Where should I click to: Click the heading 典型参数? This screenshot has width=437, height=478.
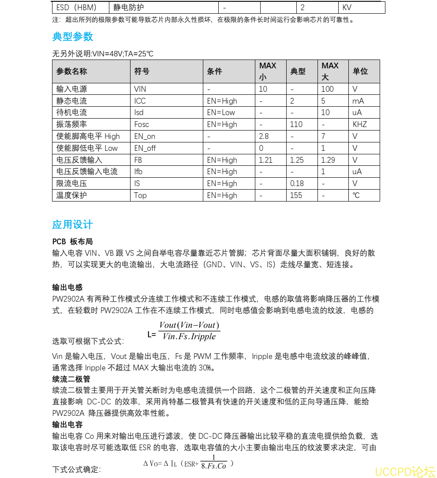pos(73,37)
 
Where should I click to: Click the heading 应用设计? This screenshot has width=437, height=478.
pos(73,224)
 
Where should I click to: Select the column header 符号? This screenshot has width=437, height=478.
pos(142,71)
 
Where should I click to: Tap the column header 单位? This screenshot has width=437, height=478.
pos(360,71)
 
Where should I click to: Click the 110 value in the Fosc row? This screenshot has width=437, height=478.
pos(296,124)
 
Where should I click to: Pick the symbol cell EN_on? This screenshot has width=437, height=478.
pos(145,136)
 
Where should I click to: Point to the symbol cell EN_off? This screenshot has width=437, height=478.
pos(145,148)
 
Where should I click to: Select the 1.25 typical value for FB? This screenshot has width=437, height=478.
pos(297,160)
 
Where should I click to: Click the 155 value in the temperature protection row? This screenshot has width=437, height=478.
pos(296,195)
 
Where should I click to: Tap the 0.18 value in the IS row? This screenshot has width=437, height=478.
pos(297,183)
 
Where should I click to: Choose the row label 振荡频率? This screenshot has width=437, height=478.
pos(71,124)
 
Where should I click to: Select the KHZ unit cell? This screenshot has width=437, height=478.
pos(360,124)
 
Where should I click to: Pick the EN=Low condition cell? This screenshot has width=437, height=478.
pos(221,112)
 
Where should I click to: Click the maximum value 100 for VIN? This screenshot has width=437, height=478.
pos(328,89)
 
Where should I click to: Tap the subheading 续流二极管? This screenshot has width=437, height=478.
pos(71,379)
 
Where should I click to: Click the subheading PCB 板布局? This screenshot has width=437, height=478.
pos(72,242)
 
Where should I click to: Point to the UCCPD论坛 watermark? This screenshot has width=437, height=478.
pos(404,471)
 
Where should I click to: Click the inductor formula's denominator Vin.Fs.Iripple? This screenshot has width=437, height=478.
pos(189,336)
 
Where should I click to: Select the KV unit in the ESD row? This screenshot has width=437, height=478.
pos(347,7)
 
